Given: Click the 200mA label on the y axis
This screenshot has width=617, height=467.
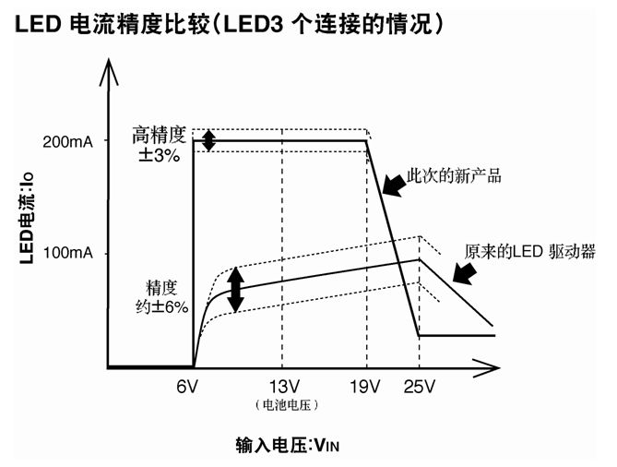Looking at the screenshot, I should [x=67, y=141].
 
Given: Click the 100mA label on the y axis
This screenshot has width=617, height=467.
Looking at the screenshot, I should [x=67, y=253].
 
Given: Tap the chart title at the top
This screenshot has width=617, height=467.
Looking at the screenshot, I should [x=231, y=27].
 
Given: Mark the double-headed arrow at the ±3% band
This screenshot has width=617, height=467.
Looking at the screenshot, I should [x=209, y=140].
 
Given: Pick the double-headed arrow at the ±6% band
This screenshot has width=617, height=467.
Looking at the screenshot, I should [x=236, y=290].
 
